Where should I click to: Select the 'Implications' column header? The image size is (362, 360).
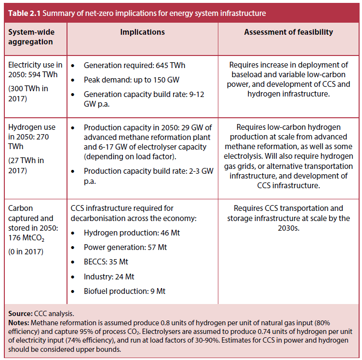(142, 32)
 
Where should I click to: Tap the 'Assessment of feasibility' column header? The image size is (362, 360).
(288, 32)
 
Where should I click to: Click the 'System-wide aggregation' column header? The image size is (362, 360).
(30, 37)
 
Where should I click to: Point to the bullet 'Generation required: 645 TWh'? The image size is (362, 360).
(134, 65)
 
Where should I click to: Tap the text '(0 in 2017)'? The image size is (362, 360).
(26, 251)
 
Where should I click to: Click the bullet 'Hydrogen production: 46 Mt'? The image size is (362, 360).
(131, 233)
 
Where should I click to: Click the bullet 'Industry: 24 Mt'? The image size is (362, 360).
(109, 277)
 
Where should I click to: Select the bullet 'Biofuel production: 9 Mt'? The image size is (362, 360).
(124, 291)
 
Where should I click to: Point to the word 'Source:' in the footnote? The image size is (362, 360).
(20, 313)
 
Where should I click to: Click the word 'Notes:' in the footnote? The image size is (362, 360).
(19, 322)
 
